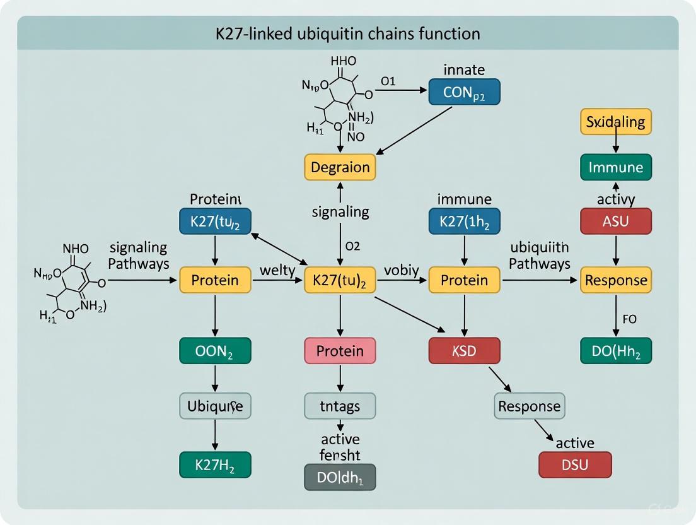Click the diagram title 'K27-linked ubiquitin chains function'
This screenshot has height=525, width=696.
click(348, 33)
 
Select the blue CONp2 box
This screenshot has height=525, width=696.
click(464, 92)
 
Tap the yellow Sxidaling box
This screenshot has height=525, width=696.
click(615, 122)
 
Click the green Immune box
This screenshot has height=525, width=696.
click(615, 167)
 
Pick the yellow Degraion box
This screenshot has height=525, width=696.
click(340, 167)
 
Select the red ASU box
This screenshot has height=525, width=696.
click(615, 221)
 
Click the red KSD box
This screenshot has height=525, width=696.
click(464, 351)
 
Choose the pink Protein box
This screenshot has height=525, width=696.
click(340, 351)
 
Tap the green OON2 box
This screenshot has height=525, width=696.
click(215, 351)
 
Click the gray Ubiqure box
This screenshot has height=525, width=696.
click(215, 405)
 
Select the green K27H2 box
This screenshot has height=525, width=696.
click(215, 464)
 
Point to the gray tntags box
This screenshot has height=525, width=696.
click(340, 406)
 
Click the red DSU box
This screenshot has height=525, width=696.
click(575, 465)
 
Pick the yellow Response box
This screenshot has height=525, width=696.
click(615, 280)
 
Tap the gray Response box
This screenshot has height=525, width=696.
click(529, 406)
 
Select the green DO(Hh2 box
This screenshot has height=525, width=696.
click(615, 351)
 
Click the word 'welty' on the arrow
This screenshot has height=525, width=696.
click(277, 271)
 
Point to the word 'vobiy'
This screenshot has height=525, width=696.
click(401, 271)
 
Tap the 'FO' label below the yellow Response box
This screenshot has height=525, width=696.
click(629, 319)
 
